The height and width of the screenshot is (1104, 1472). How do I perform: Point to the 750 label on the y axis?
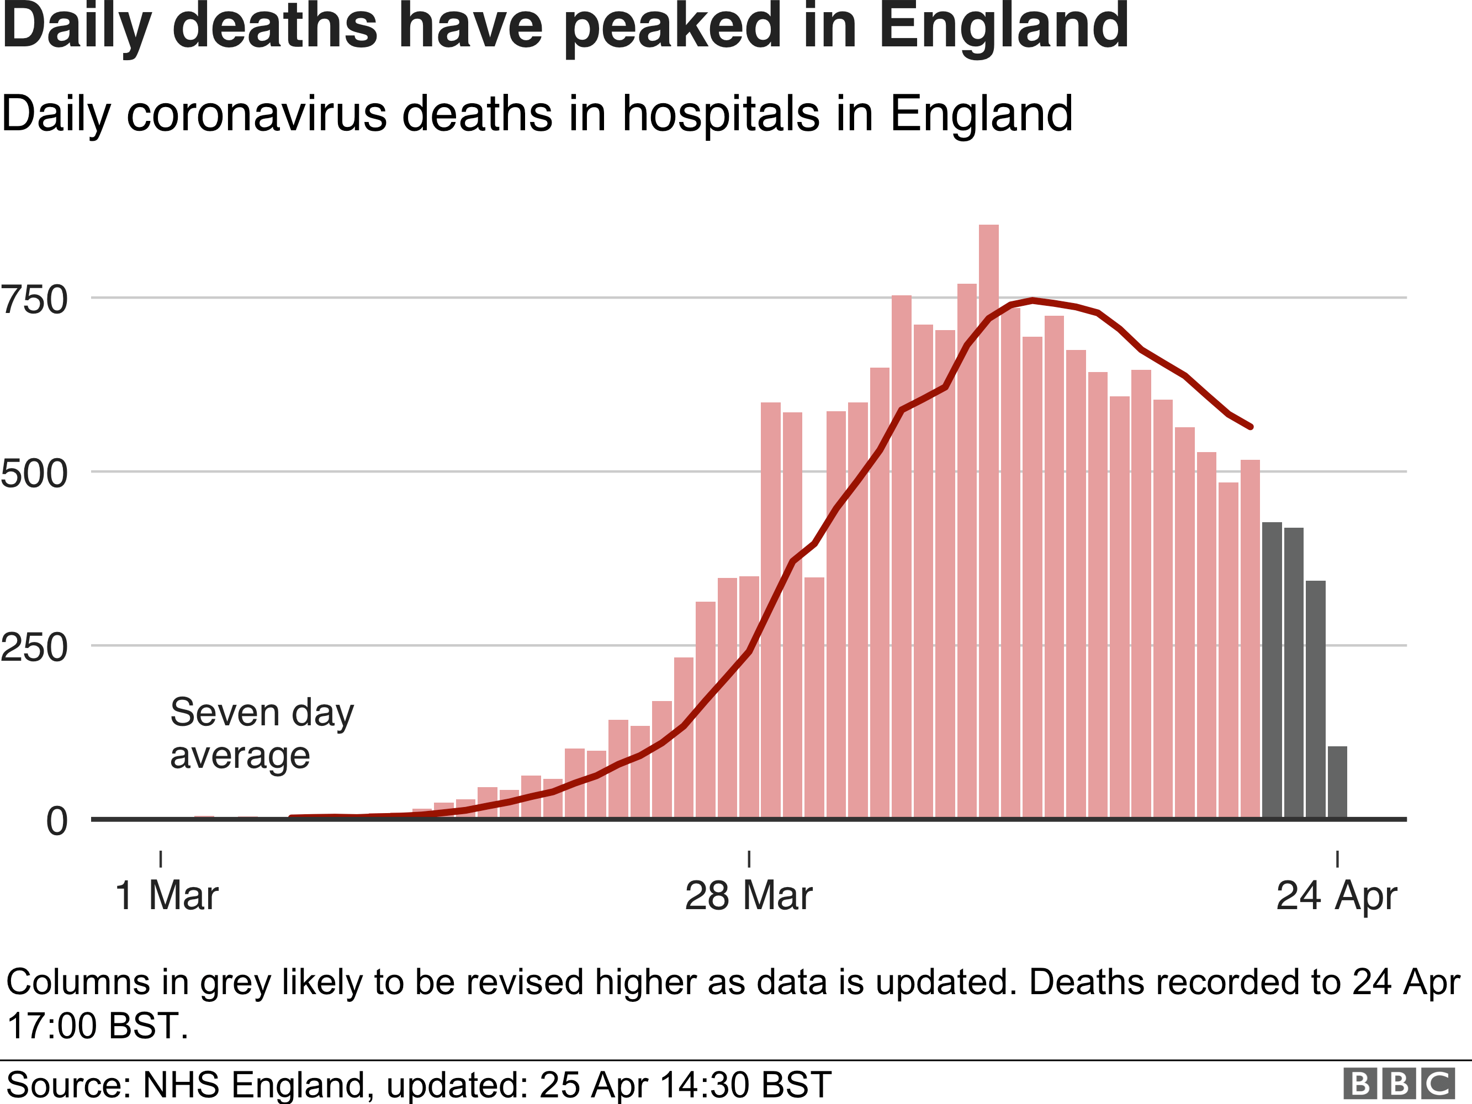(35, 299)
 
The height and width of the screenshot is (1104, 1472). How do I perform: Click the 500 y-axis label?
(35, 474)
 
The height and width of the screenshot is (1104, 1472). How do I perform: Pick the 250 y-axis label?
(35, 647)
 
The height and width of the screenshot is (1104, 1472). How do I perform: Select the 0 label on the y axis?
(56, 821)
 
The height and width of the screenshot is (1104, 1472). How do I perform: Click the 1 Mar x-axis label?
(166, 896)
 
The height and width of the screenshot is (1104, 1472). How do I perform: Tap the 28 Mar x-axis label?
(749, 896)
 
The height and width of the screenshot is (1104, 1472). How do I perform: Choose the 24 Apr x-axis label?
(1336, 896)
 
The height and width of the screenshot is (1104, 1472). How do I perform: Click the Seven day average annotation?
(262, 734)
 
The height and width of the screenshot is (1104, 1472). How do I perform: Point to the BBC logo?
(1399, 1084)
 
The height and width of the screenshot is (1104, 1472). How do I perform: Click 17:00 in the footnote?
(52, 1026)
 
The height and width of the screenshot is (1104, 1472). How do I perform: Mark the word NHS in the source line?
(181, 1084)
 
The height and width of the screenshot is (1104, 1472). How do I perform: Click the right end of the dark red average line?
(1251, 427)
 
